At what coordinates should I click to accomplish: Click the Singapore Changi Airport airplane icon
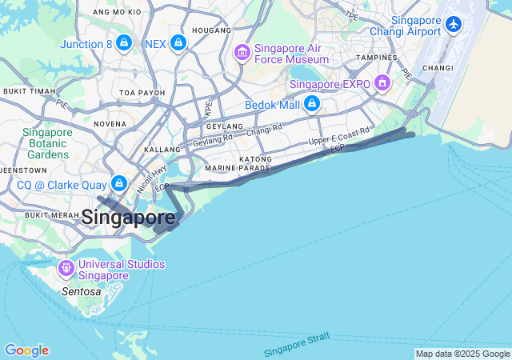[x=454, y=24]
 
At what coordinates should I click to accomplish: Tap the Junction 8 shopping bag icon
[x=124, y=42]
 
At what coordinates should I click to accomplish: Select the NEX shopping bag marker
[x=178, y=42]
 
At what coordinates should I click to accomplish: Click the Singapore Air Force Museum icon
[x=242, y=52]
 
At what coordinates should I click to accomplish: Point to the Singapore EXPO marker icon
[x=383, y=82]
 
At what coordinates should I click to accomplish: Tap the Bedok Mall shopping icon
[x=311, y=104]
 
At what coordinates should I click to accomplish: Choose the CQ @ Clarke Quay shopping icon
[x=119, y=184]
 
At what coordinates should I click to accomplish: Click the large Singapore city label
[x=128, y=217]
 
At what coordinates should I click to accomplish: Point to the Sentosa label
[x=81, y=292]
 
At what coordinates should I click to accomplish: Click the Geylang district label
[x=224, y=126]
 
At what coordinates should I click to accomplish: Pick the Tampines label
[x=377, y=58]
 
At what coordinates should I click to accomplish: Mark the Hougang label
[x=212, y=30]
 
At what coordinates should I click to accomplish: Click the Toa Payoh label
[x=142, y=93]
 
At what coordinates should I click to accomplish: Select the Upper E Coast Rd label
[x=339, y=137]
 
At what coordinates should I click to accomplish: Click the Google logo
[x=26, y=350]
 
